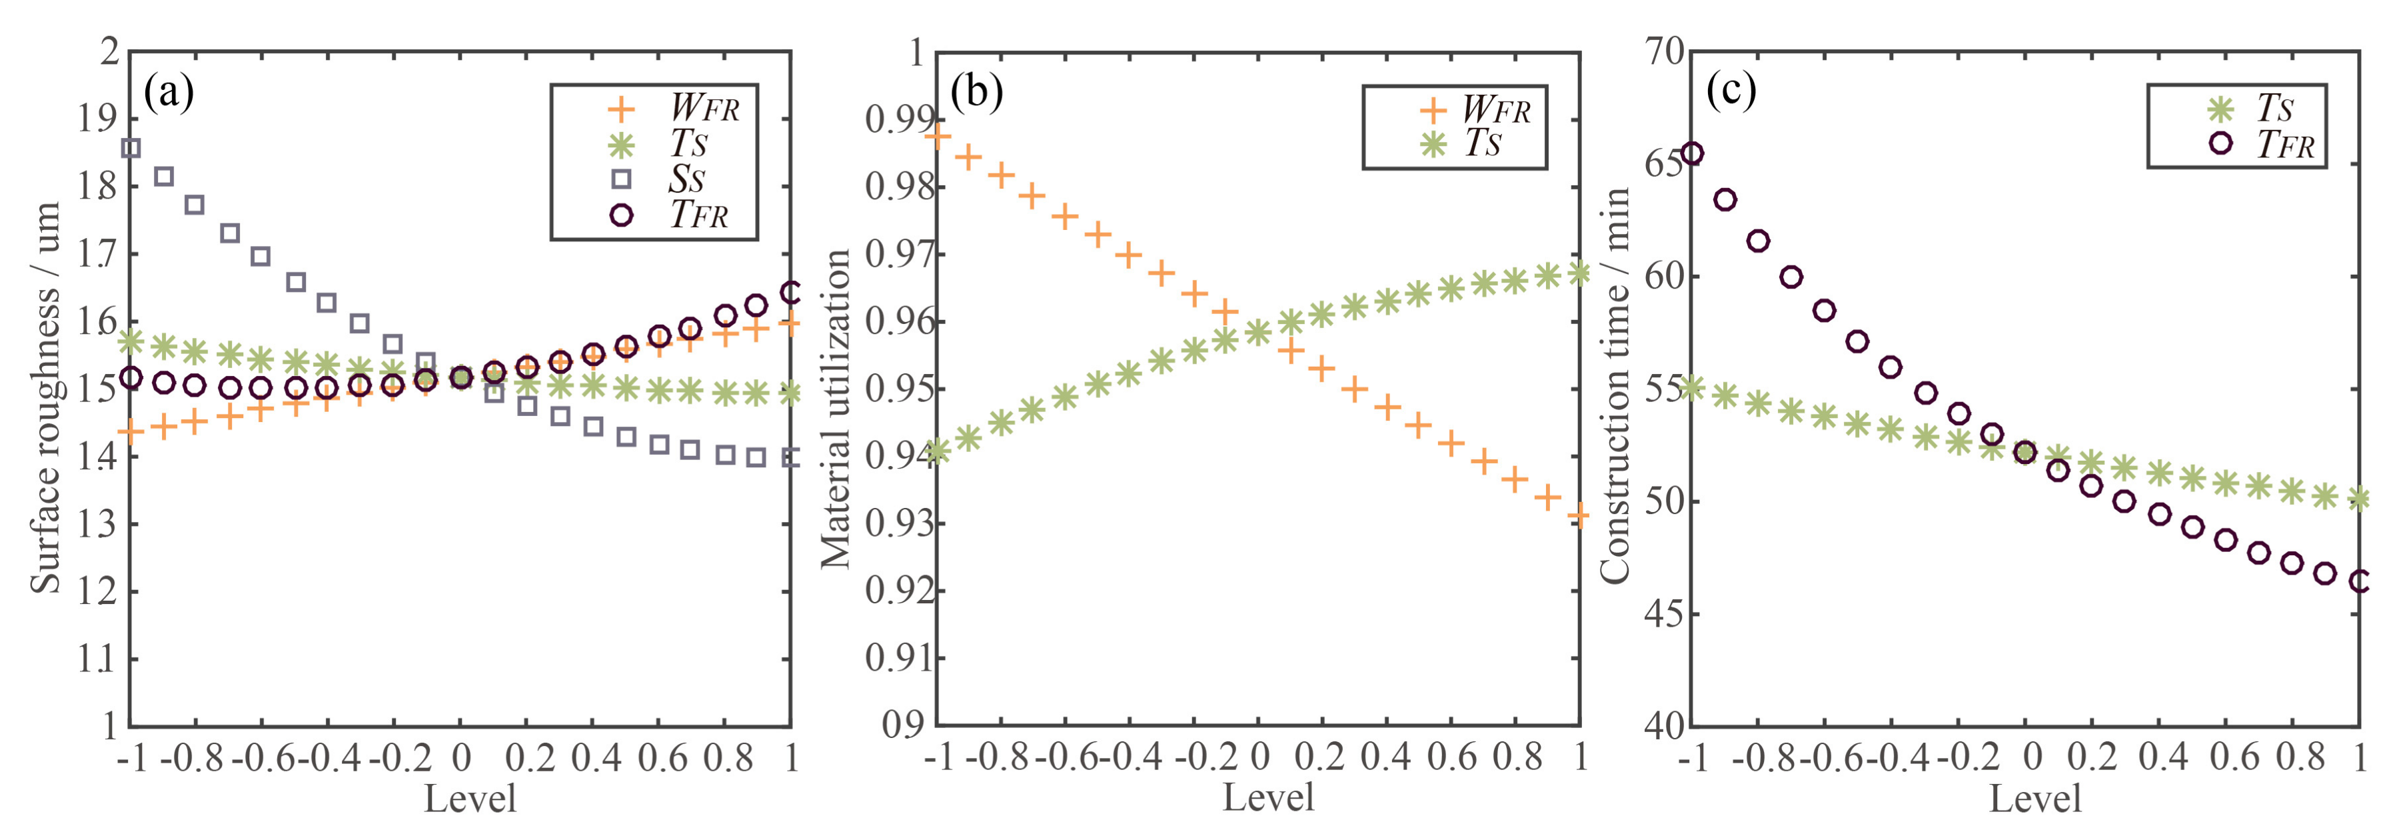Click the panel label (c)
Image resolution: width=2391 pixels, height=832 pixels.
pos(1731,90)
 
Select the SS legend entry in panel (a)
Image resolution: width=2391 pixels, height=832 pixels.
pos(685,179)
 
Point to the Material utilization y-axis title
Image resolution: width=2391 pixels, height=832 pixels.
pos(836,409)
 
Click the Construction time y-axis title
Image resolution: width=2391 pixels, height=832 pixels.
pos(1615,385)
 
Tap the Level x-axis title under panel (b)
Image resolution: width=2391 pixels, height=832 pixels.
pos(1268,797)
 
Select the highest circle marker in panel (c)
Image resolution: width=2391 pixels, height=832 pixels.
pos(1692,153)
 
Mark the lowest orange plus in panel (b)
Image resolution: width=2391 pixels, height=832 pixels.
pos(1579,515)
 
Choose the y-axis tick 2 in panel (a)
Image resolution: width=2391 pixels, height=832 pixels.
pos(111,52)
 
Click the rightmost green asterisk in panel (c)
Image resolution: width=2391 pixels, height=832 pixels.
pos(2358,499)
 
